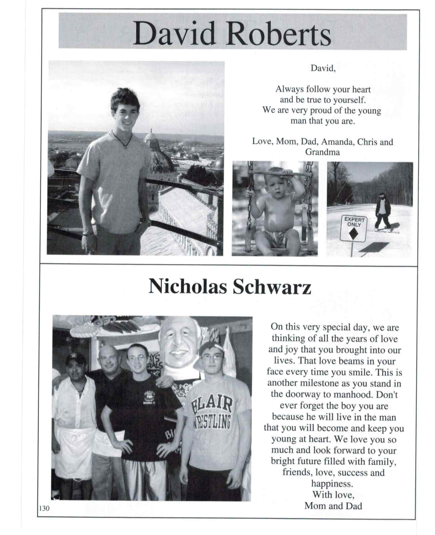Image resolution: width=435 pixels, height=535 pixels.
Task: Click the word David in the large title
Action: (174, 33)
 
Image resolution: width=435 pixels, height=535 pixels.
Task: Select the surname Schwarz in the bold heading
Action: (272, 287)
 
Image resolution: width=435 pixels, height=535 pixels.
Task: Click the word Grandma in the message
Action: (322, 152)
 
